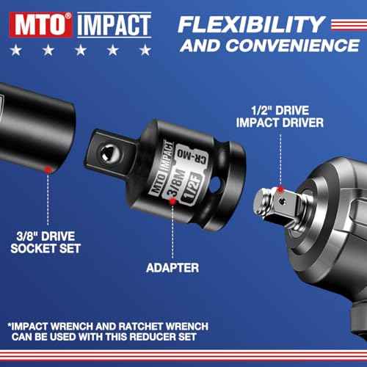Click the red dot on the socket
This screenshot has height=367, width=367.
click(48, 168)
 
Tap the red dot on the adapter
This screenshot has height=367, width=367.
click(175, 215)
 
